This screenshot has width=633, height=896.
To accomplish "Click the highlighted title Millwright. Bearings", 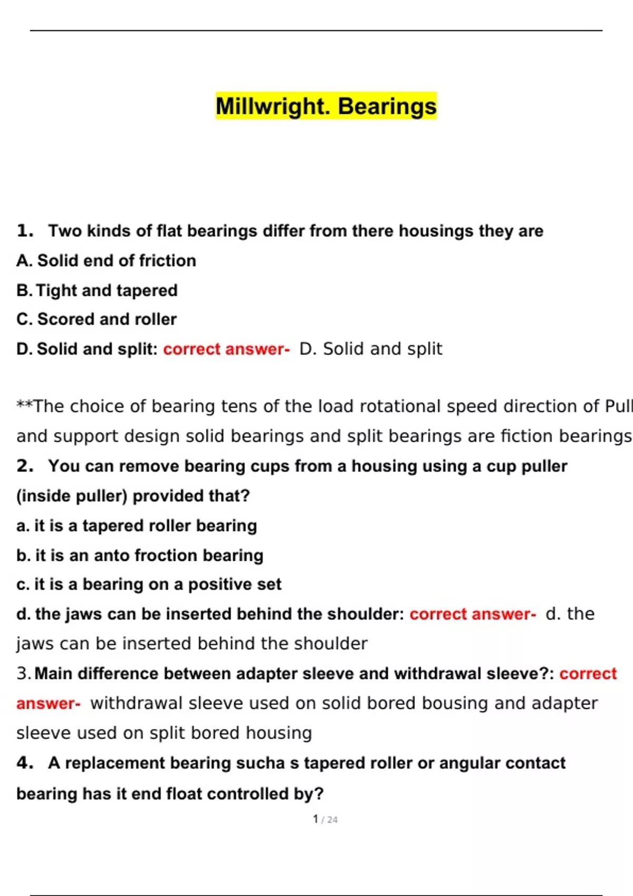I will [x=326, y=106].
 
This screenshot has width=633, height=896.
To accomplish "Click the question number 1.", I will [x=25, y=231].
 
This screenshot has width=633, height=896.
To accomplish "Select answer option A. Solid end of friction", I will [x=106, y=260].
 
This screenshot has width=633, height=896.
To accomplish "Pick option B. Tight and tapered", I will [x=97, y=290].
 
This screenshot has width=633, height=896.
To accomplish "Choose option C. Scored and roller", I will [x=97, y=319].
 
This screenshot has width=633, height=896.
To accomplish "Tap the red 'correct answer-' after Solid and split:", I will [x=226, y=349].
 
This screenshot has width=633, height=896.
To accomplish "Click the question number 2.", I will [x=25, y=466].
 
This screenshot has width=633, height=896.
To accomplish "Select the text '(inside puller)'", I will [x=72, y=496].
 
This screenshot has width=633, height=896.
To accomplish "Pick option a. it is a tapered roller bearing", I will [x=137, y=525].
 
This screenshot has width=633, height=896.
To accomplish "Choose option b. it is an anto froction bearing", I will [x=140, y=556].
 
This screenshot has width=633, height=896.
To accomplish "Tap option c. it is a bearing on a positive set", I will [x=149, y=585].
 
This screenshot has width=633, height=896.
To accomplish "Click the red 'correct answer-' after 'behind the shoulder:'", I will [x=473, y=614].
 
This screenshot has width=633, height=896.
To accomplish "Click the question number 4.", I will [x=25, y=763].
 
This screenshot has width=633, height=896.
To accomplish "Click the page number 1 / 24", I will [x=325, y=819].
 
